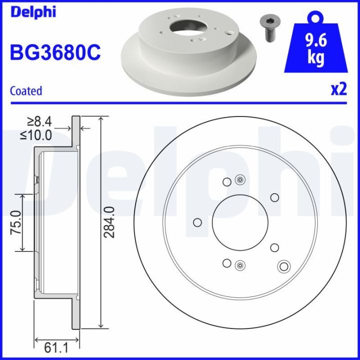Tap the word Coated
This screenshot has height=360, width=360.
(26, 91)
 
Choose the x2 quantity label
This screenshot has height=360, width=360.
(338, 89)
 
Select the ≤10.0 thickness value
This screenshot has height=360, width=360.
(36, 134)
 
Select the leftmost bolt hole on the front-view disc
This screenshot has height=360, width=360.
(197, 222)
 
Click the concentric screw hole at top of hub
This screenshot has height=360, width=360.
(240, 180)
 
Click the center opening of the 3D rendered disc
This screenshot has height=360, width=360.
(184, 26)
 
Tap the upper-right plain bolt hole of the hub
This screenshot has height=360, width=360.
(274, 197)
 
